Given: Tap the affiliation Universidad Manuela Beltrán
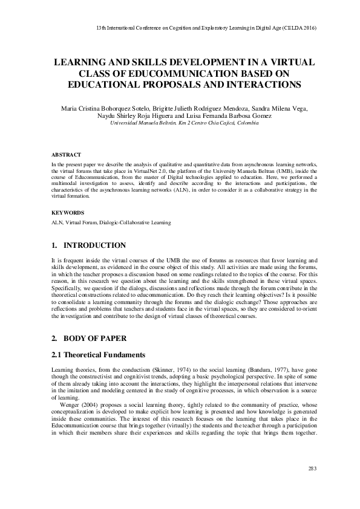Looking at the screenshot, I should pyautogui.click(x=142, y=122).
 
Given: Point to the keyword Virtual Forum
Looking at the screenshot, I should pyautogui.click(x=80, y=222).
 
